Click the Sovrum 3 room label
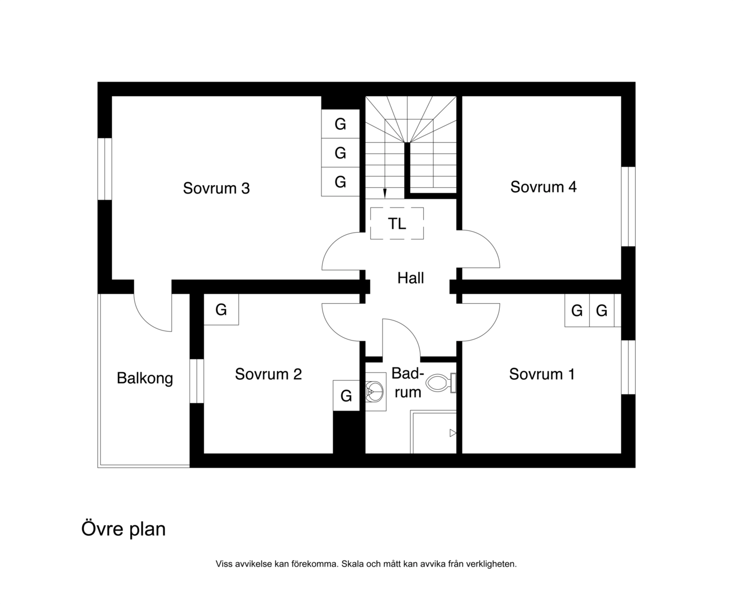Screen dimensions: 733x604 [x=216, y=188]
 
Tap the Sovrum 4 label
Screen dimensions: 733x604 [x=543, y=187]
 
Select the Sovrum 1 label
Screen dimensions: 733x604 [x=542, y=374]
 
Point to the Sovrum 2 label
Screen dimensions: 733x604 [x=268, y=374]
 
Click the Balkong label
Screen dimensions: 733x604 [x=145, y=379]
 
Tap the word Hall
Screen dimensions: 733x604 [x=410, y=278]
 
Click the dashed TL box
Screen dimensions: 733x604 [x=396, y=223]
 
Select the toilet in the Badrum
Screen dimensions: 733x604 [x=441, y=383]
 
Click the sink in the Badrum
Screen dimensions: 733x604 [x=376, y=391]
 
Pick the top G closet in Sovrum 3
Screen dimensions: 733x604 [x=340, y=124]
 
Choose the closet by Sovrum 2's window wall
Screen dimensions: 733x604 [x=221, y=309]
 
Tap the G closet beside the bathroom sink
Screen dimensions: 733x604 [x=346, y=395]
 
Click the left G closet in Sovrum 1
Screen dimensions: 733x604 [x=577, y=310]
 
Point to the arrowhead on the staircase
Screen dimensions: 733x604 [x=385, y=194]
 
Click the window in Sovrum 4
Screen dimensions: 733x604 [x=628, y=206]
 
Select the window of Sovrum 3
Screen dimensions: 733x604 [x=105, y=169]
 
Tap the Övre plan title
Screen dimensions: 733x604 [x=123, y=529]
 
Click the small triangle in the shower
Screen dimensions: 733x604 [x=453, y=433]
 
